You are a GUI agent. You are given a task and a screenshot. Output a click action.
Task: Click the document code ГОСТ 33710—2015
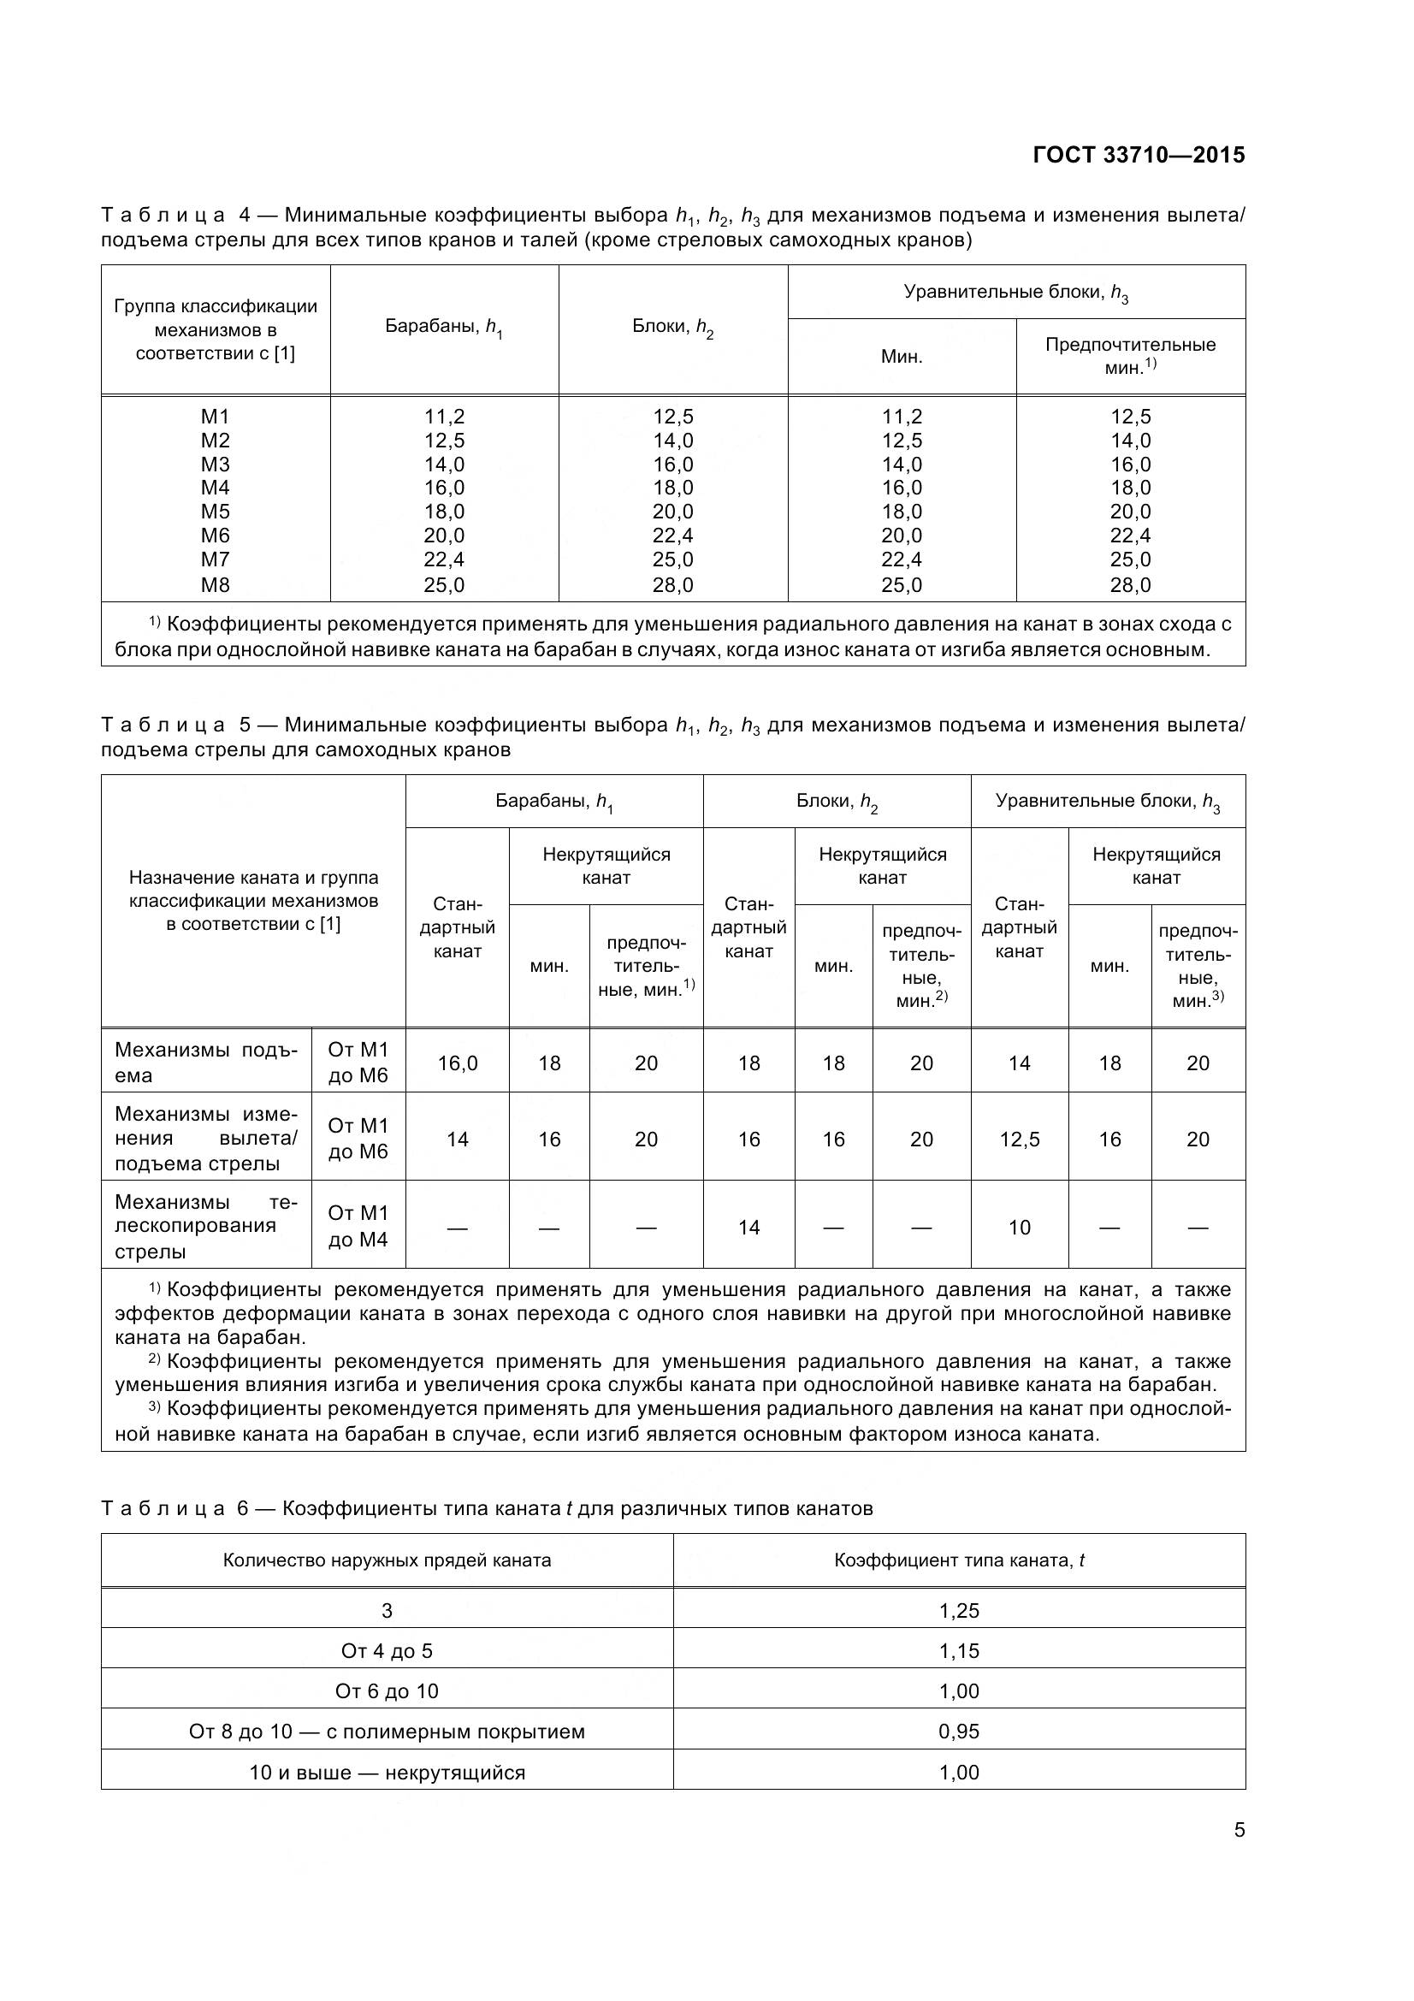[1139, 155]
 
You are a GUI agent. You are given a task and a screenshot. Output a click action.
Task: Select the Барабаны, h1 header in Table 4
[444, 328]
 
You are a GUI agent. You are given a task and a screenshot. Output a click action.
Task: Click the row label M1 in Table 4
[216, 417]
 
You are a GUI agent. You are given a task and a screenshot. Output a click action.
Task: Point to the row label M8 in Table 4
[216, 585]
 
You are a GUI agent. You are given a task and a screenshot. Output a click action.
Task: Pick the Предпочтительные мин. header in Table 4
[1130, 356]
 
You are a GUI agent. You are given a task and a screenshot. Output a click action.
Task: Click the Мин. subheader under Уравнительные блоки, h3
[902, 357]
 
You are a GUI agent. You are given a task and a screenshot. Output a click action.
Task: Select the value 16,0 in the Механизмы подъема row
[458, 1063]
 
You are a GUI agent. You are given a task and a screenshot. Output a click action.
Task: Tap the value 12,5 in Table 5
[1020, 1139]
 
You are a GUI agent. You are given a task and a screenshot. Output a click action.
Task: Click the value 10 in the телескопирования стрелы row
[1020, 1227]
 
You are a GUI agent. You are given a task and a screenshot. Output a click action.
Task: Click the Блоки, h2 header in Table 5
[837, 802]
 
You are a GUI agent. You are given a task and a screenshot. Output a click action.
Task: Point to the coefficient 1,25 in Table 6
[959, 1611]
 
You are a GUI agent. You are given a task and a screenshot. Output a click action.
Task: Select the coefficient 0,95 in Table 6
[959, 1731]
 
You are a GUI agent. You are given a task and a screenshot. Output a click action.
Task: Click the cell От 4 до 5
[387, 1650]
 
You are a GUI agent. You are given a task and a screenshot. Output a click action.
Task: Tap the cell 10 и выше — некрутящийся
[387, 1772]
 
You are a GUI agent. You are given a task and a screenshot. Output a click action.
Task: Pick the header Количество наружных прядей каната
[387, 1560]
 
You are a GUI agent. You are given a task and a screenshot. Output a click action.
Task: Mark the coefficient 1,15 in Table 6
[959, 1650]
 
